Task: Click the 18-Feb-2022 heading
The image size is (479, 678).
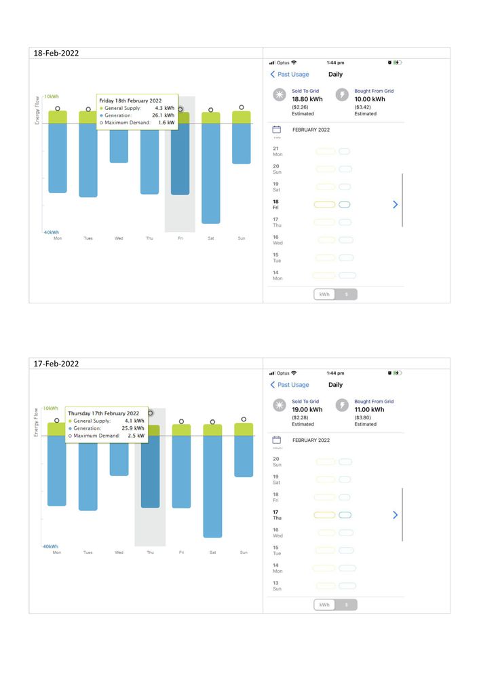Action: click(56, 53)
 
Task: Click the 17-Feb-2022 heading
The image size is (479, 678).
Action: click(56, 364)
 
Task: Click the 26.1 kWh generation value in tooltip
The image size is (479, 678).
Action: click(164, 115)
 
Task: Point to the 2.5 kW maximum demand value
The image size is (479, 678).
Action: click(136, 436)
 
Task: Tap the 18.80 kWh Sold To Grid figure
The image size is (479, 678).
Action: click(307, 99)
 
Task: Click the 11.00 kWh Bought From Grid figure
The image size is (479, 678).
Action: click(370, 410)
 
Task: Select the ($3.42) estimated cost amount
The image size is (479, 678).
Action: click(363, 107)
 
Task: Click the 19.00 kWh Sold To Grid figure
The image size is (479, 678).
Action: click(307, 410)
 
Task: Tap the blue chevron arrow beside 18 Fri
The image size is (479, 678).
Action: click(396, 204)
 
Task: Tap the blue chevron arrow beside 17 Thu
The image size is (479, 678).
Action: click(396, 515)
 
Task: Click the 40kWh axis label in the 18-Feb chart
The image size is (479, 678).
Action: click(51, 232)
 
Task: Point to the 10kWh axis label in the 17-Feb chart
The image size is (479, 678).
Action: click(51, 409)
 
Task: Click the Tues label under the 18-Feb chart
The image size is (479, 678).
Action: click(88, 239)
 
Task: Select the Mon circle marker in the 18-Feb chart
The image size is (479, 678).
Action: click(58, 108)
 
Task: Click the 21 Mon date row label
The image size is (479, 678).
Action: click(277, 151)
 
